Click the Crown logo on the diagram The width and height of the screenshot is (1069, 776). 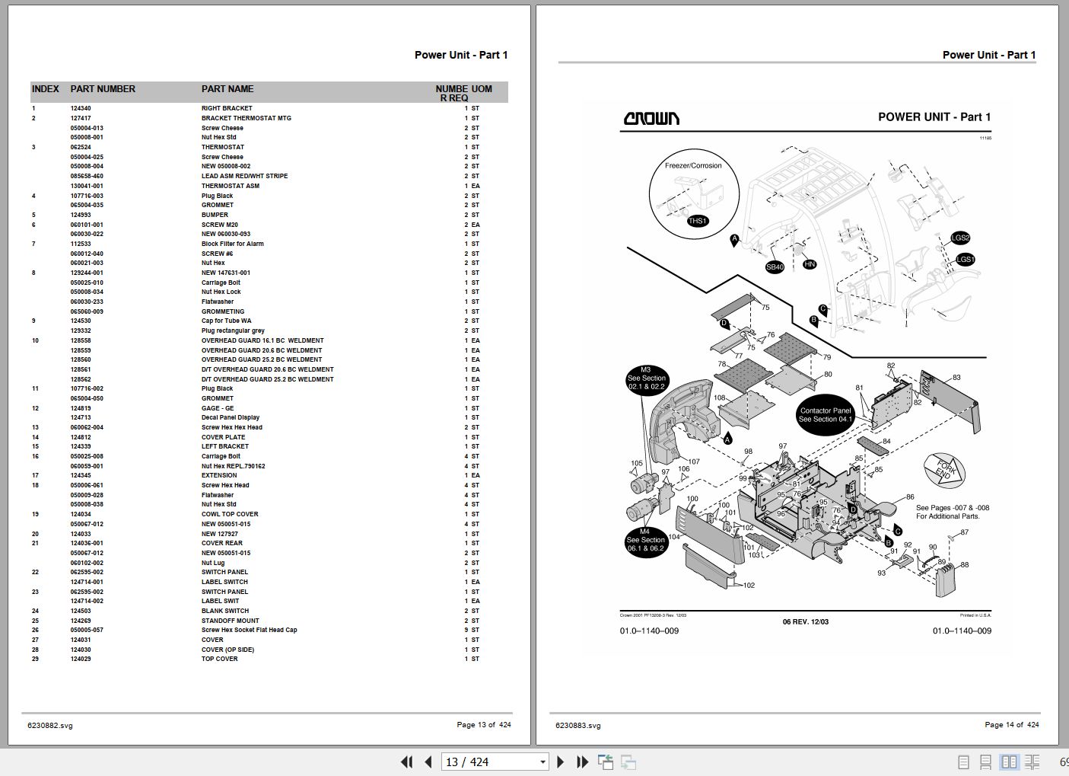tap(651, 118)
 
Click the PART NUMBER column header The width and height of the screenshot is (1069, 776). tap(103, 89)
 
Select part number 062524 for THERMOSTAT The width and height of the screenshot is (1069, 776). tap(81, 147)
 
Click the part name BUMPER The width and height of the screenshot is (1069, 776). tap(215, 215)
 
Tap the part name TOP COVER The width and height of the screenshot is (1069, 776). tap(219, 659)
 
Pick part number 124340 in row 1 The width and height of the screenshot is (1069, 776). tap(81, 108)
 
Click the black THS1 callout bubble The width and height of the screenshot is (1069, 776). tap(697, 221)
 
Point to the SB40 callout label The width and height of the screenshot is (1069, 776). tap(775, 267)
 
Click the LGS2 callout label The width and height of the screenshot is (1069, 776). tap(960, 238)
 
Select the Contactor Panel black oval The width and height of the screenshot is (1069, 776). tap(825, 415)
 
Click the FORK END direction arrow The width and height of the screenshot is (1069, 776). tap(944, 468)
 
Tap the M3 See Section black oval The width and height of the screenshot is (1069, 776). tap(646, 378)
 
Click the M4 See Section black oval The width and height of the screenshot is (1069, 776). tap(646, 541)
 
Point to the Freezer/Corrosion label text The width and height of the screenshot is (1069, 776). tap(693, 165)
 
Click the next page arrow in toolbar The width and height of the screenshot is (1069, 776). tap(561, 762)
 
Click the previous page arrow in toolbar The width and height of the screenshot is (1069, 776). tap(428, 762)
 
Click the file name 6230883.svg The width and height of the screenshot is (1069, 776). tap(577, 726)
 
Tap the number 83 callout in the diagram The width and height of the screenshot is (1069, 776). tap(956, 378)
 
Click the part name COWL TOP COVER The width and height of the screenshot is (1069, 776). tap(229, 514)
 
